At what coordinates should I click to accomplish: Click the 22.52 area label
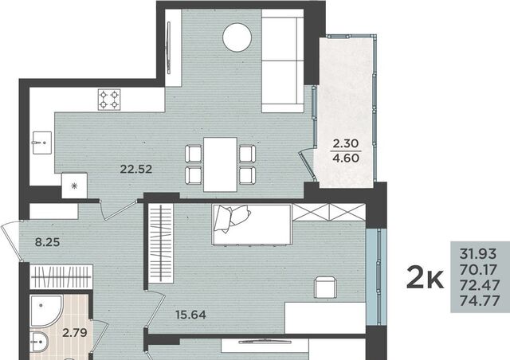(x=136, y=169)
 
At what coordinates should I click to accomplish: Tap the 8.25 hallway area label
(x=48, y=242)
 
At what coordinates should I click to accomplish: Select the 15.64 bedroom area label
(x=190, y=315)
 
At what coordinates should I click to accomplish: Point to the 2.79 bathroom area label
(x=75, y=333)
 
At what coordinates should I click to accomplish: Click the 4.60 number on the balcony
(x=346, y=158)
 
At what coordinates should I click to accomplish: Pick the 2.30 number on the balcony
(x=345, y=143)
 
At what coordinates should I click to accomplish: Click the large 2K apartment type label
(x=425, y=277)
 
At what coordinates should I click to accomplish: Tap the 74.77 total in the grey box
(x=480, y=301)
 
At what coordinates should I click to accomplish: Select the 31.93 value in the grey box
(x=478, y=253)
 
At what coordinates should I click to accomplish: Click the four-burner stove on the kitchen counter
(x=109, y=100)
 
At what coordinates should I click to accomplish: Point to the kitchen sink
(x=42, y=143)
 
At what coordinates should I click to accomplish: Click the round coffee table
(x=237, y=37)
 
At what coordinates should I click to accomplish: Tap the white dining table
(x=220, y=165)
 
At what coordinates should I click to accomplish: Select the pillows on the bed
(x=232, y=217)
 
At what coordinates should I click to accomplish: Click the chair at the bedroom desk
(x=325, y=287)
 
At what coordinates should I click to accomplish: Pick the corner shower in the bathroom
(x=45, y=311)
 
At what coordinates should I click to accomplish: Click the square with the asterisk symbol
(x=74, y=186)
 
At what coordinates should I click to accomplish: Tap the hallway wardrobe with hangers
(x=61, y=276)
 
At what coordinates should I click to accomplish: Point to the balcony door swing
(x=307, y=165)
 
